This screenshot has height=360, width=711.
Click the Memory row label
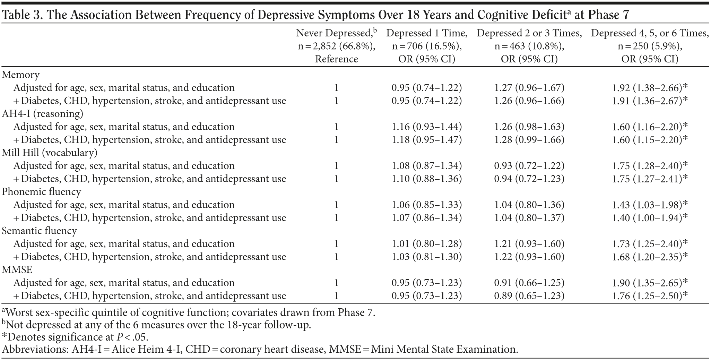(21, 75)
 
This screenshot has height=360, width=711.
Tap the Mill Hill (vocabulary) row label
(50, 153)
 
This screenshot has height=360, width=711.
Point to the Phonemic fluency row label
(42, 192)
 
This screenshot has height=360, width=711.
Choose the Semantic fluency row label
(40, 231)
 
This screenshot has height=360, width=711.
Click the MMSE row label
(17, 270)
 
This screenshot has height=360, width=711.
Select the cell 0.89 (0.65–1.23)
(529, 296)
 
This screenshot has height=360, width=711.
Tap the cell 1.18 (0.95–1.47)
(427, 140)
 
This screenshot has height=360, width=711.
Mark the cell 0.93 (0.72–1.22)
(529, 166)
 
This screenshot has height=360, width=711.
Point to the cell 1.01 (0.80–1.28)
(427, 244)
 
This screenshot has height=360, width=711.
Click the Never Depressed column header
(336, 46)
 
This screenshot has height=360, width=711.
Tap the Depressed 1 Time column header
(427, 46)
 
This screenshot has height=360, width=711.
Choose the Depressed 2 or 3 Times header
(529, 46)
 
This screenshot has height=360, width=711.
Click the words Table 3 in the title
(21, 15)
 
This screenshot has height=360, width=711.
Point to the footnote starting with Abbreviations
(260, 349)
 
